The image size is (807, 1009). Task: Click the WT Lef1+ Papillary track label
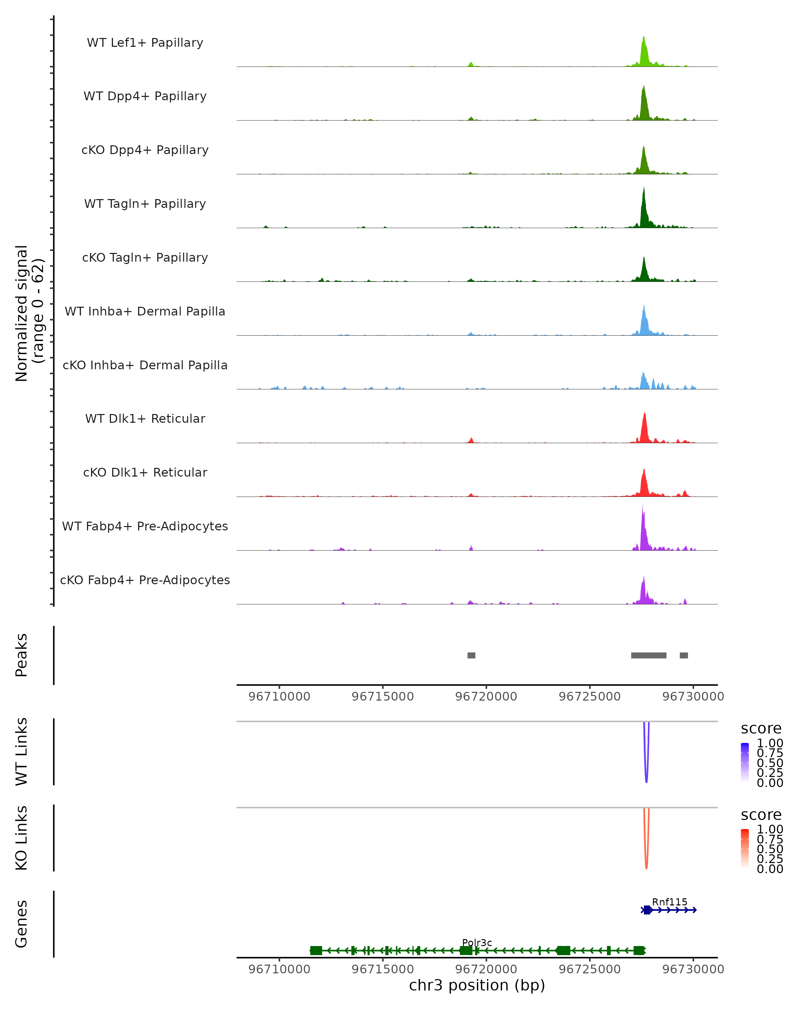(145, 43)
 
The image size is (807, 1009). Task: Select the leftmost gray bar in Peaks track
(471, 655)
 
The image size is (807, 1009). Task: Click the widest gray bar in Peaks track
(648, 655)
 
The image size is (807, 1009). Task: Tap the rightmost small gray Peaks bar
(684, 655)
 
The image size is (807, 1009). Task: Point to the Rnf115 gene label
(669, 902)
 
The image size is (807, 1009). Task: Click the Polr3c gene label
(477, 943)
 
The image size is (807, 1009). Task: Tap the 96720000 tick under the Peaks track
(486, 697)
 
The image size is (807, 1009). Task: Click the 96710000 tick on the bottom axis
(279, 969)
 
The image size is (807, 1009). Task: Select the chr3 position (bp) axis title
(477, 985)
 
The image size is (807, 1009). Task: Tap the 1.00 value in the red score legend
(770, 829)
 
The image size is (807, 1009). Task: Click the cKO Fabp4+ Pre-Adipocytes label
(145, 580)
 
